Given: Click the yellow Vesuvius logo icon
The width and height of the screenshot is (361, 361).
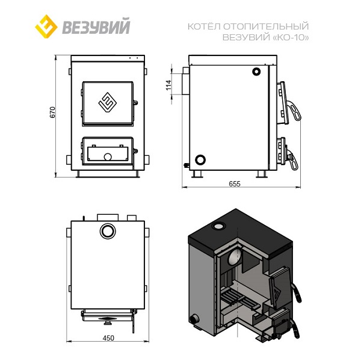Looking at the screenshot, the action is point(46,26).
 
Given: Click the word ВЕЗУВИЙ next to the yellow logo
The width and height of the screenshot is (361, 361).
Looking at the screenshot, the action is point(96,26).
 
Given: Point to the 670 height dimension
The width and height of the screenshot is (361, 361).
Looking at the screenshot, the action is point(53,113).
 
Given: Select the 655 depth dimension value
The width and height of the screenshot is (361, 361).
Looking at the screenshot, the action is point(235,184).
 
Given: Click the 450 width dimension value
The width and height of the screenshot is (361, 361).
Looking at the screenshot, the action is point(108,338).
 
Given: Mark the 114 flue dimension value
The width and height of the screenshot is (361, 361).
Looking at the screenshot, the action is point(168,85).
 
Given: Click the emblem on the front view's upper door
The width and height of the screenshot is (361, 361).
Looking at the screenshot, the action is point(108,102).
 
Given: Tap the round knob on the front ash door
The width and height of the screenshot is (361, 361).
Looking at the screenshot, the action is point(108,157).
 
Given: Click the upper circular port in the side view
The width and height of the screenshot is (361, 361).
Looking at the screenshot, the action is point(256,72).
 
